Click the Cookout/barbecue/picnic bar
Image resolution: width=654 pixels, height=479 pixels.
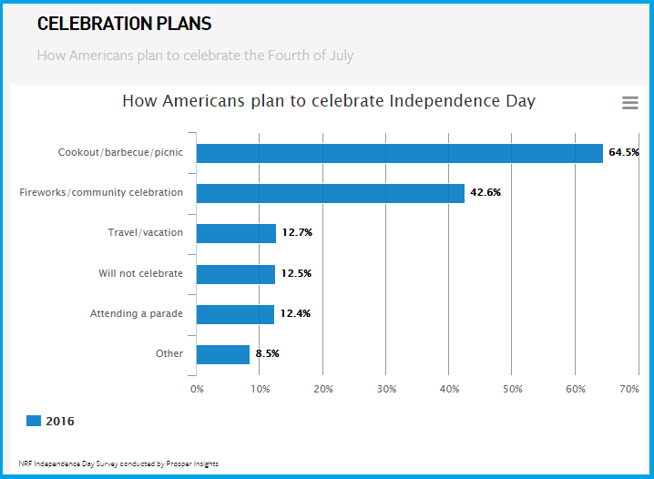pyautogui.click(x=399, y=153)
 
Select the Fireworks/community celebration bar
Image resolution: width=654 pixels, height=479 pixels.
pyautogui.click(x=330, y=193)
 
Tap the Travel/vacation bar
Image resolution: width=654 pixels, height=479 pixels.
pyautogui.click(x=236, y=233)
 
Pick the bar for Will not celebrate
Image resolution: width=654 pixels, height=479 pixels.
pyautogui.click(x=235, y=274)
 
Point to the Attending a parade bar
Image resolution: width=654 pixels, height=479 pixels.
pyautogui.click(x=235, y=314)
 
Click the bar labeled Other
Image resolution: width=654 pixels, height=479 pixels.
pyautogui.click(x=222, y=354)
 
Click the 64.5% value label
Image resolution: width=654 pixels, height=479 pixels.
pyautogui.click(x=624, y=153)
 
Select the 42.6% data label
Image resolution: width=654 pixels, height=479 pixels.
pyautogui.click(x=485, y=193)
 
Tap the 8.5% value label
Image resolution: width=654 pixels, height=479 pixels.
pyautogui.click(x=267, y=354)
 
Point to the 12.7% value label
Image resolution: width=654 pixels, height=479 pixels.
pyautogui.click(x=297, y=233)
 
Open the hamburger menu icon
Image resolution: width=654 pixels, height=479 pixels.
pyautogui.click(x=629, y=104)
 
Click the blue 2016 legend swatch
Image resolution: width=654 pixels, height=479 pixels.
pyautogui.click(x=34, y=421)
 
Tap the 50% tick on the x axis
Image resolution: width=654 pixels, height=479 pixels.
pyautogui.click(x=512, y=389)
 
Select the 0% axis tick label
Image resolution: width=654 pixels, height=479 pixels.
pyautogui.click(x=197, y=389)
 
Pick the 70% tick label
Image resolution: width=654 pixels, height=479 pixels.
pyautogui.click(x=629, y=389)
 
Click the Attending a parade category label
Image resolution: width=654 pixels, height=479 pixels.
pyautogui.click(x=137, y=314)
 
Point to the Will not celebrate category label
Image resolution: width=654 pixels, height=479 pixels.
pyautogui.click(x=140, y=274)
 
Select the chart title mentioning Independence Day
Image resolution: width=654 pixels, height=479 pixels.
pyautogui.click(x=329, y=101)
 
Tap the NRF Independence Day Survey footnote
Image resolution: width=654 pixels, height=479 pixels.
pyautogui.click(x=118, y=464)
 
